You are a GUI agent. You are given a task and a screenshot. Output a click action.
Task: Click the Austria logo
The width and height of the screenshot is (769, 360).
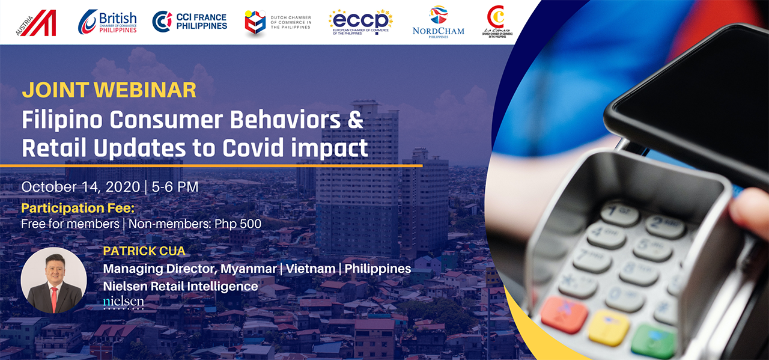tap(37, 23)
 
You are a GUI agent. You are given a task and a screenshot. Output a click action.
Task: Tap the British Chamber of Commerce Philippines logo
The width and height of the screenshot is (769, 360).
tap(108, 22)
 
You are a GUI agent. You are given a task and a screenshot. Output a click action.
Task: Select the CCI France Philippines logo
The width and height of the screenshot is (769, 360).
tap(190, 22)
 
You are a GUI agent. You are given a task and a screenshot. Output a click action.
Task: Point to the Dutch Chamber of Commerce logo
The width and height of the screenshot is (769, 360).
tap(278, 23)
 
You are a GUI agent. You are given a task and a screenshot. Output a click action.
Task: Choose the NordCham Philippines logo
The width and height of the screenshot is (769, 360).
tap(438, 22)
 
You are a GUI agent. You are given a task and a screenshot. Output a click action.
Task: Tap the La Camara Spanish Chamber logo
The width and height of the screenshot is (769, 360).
tap(496, 22)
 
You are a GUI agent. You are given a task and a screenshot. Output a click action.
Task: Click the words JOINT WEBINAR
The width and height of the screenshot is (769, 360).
tap(109, 90)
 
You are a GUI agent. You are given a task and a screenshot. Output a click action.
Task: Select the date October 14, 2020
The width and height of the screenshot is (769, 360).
tap(81, 187)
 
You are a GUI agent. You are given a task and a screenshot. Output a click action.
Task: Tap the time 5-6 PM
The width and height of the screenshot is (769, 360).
tap(175, 187)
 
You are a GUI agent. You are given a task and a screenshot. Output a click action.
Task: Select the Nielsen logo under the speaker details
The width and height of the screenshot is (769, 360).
tap(123, 301)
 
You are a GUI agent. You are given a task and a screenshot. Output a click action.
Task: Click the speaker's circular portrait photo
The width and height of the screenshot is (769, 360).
tap(53, 280)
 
